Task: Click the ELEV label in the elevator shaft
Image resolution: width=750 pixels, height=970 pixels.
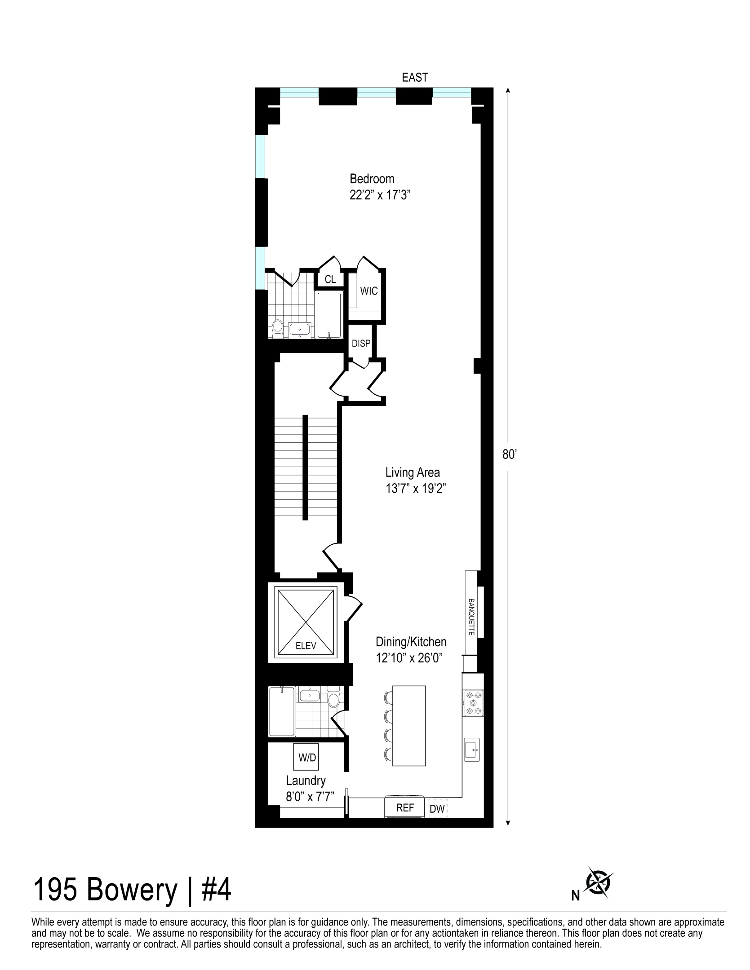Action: pos(306,646)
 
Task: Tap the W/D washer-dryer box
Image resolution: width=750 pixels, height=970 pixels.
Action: pos(307,758)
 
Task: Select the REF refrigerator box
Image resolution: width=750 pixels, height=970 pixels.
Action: pos(404,808)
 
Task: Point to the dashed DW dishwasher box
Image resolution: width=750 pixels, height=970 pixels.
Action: pos(437,809)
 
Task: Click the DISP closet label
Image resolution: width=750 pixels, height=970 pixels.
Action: pos(361,344)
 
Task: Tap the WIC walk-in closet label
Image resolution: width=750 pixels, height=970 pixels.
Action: pos(368,291)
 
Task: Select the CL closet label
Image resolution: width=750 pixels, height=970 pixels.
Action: pos(330,279)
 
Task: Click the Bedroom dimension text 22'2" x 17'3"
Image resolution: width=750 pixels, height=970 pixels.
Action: pos(381,195)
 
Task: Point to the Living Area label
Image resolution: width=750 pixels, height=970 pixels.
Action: pos(412,472)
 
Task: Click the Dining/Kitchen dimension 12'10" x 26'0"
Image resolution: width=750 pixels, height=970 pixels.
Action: pos(409,658)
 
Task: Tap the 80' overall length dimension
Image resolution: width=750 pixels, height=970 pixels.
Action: pos(507,454)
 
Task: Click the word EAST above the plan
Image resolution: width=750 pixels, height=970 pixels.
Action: pos(414,78)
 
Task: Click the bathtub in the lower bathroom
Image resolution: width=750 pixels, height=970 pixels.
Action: pos(281,712)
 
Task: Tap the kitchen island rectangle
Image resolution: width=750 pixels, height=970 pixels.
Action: pos(408,726)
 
